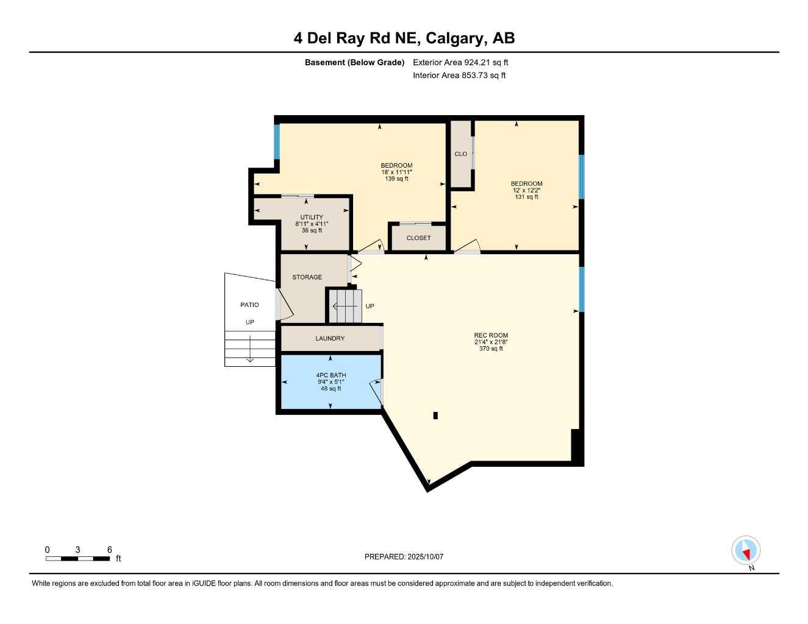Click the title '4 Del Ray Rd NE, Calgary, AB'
coord(404,38)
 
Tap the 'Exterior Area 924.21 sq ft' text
coord(460,62)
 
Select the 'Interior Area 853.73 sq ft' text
coord(459,76)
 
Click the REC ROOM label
coord(491,335)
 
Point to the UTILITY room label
coord(312,218)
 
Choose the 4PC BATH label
coord(331,375)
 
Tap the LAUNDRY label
coord(330,338)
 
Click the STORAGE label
coord(307,277)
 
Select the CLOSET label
coord(418,238)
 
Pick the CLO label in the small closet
coord(460,154)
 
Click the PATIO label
coord(249,305)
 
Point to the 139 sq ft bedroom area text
coord(396,179)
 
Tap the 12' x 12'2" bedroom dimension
coord(526,190)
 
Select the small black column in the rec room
coord(435,416)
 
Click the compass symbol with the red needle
coord(746,551)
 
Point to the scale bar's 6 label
coord(110,550)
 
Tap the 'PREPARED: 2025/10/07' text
coord(404,556)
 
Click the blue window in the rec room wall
coord(581,289)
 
